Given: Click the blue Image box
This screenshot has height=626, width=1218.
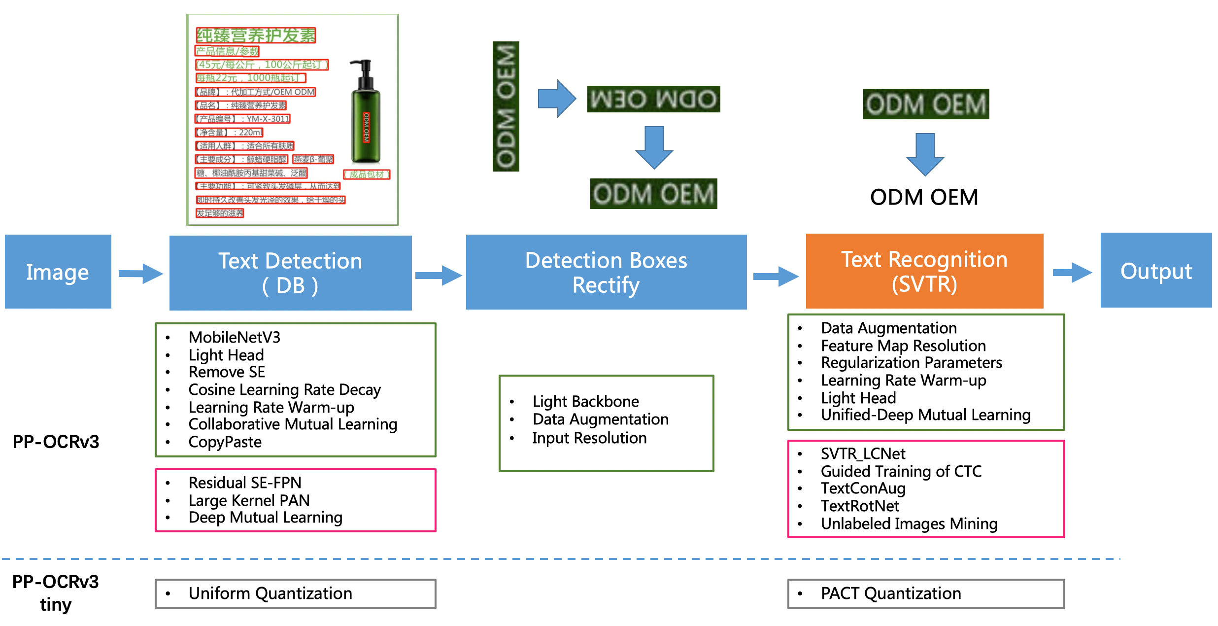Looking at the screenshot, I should (58, 272).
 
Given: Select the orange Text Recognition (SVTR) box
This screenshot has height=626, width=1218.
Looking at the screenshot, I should (924, 271).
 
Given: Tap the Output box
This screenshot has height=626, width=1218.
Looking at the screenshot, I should (1156, 271).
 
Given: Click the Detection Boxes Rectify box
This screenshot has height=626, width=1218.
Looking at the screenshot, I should (606, 272).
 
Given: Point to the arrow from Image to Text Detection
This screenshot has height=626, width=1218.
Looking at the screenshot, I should (140, 273).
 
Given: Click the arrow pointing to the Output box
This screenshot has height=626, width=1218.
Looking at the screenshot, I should (1072, 273).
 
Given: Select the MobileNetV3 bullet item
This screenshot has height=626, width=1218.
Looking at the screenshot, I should (234, 337).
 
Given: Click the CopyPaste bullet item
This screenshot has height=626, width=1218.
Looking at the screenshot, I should (225, 442).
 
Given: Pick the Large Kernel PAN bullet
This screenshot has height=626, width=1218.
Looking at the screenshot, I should (249, 500).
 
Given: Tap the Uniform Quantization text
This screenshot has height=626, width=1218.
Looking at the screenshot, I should (270, 593).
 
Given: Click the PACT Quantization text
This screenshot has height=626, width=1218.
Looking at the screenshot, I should (890, 593).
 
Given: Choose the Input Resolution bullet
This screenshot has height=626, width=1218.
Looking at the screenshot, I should (589, 438).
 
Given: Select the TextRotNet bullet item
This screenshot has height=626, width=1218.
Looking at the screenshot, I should (860, 506).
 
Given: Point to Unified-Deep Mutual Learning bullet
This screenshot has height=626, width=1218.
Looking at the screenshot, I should (925, 415).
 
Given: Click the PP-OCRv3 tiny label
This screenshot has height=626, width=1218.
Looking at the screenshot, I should (56, 592).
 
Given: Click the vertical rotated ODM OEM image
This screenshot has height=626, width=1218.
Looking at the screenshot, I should (506, 106).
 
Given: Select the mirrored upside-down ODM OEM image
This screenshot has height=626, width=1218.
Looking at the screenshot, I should (653, 99).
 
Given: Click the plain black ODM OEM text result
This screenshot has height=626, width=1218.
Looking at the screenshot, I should (924, 197).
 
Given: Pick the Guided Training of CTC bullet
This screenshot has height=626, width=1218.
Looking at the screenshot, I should (901, 471).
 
